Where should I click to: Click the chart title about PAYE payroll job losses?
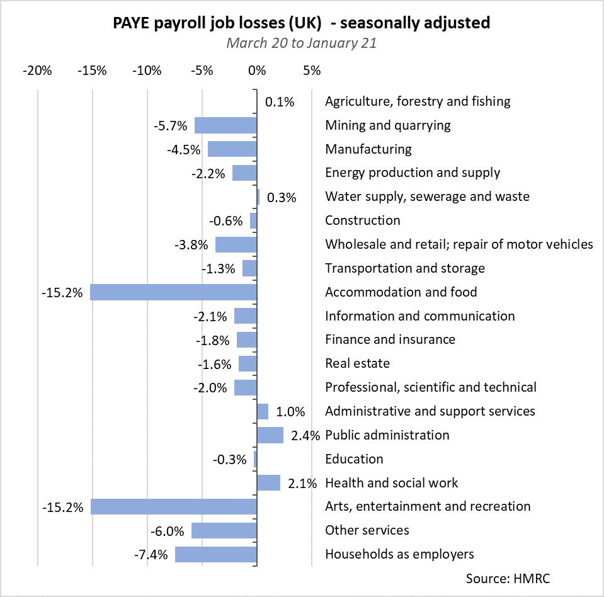[302, 23]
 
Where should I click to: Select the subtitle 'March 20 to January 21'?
[302, 43]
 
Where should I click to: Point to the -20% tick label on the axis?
[37, 70]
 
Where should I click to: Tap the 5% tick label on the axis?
[311, 70]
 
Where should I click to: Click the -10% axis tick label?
[147, 70]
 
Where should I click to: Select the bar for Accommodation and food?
[173, 292]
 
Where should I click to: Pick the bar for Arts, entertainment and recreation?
[173, 506]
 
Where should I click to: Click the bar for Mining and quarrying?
[225, 125]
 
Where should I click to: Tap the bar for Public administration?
[270, 435]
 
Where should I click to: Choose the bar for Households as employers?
[216, 554]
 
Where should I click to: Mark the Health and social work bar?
[268, 483]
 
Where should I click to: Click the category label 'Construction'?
[362, 220]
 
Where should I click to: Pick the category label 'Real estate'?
[357, 363]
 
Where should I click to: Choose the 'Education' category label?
[354, 459]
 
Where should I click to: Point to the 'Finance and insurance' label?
[390, 339]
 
